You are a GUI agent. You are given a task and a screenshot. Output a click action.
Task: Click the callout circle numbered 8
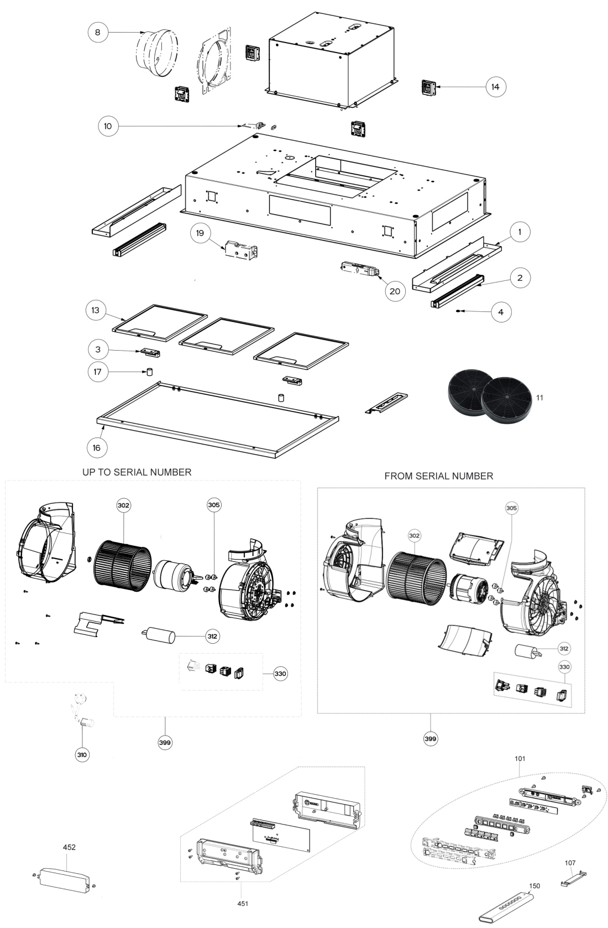click(x=98, y=32)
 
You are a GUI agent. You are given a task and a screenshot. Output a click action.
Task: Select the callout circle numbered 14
click(x=495, y=87)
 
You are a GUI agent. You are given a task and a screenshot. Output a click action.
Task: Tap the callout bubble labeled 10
click(x=108, y=126)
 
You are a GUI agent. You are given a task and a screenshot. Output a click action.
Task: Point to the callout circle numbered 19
click(x=200, y=233)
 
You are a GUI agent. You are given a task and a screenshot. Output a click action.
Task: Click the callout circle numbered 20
click(x=395, y=291)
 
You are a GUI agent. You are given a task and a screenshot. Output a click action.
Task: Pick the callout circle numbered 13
click(x=96, y=310)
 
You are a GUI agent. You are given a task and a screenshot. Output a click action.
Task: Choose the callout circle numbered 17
click(x=98, y=372)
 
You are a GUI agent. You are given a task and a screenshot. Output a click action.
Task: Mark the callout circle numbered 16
click(x=97, y=448)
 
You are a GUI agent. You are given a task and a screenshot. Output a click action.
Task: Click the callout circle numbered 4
click(x=501, y=312)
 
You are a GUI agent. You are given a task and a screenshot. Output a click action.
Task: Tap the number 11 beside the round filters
click(x=539, y=398)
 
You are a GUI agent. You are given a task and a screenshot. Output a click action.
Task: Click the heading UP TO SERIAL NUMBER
click(x=137, y=472)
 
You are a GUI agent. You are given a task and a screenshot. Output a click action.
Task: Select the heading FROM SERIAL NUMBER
click(x=439, y=476)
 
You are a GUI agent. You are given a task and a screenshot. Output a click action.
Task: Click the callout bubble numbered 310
click(x=82, y=755)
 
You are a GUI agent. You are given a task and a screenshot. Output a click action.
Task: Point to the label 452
click(x=69, y=847)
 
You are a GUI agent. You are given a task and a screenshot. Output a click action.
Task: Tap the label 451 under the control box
click(x=243, y=904)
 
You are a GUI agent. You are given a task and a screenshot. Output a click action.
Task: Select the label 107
click(x=570, y=863)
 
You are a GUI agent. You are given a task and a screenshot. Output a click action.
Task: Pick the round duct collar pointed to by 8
click(x=158, y=53)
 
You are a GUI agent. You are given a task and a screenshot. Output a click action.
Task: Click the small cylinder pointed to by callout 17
click(x=150, y=372)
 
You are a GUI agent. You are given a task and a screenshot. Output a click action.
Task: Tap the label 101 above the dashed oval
click(x=520, y=759)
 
